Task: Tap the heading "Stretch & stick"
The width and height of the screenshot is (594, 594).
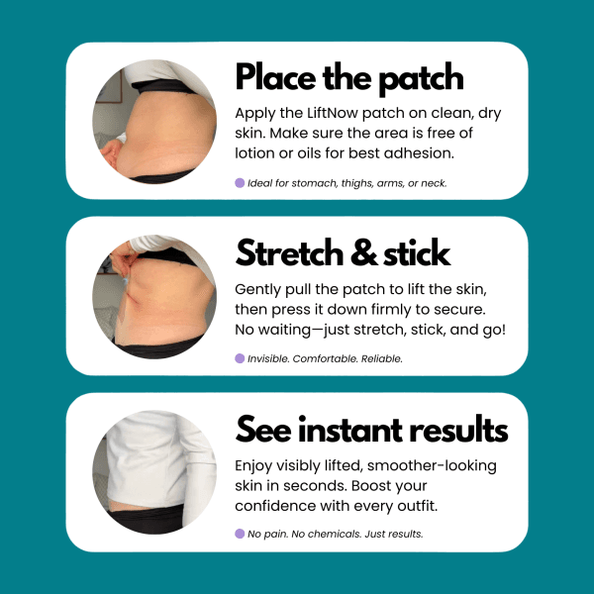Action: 343,253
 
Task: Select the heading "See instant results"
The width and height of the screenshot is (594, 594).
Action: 371,430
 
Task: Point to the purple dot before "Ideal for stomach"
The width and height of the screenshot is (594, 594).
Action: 240,182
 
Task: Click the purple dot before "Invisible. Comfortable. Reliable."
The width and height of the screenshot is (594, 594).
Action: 240,358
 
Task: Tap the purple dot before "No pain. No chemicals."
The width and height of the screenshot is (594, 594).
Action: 240,533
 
